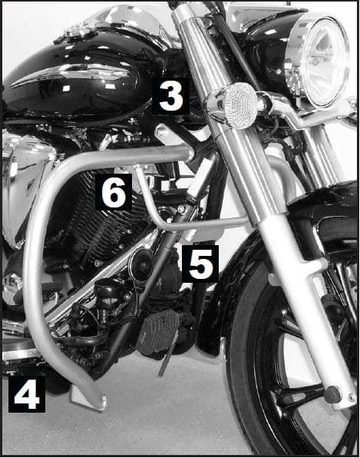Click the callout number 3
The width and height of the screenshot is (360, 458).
[170, 96]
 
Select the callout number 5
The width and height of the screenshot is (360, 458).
[200, 264]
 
